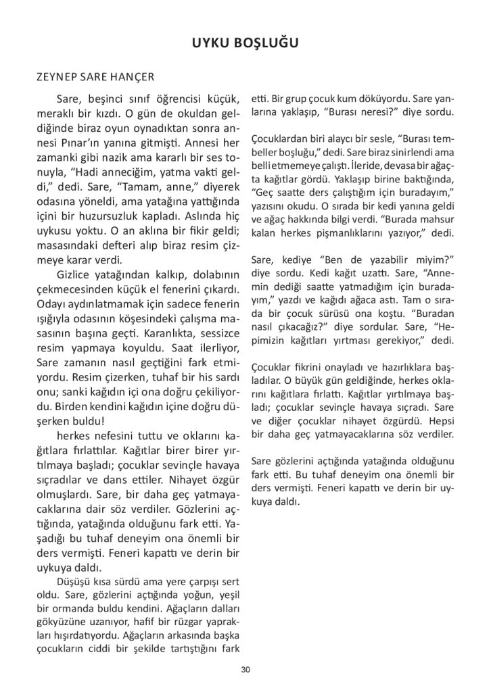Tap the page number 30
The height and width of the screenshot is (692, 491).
pyautogui.click(x=245, y=669)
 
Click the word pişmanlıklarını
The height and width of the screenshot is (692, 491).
pyautogui.click(x=367, y=232)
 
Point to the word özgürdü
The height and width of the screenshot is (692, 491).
pyautogui.click(x=408, y=420)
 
